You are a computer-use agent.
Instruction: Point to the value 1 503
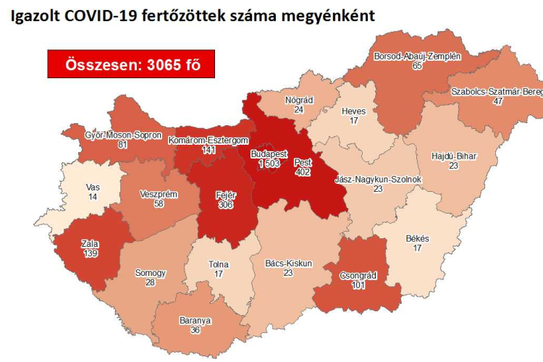point(269,164)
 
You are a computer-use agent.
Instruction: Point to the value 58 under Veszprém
point(158,206)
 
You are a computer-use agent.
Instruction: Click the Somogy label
point(151,273)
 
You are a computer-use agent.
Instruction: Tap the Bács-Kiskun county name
point(288,264)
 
